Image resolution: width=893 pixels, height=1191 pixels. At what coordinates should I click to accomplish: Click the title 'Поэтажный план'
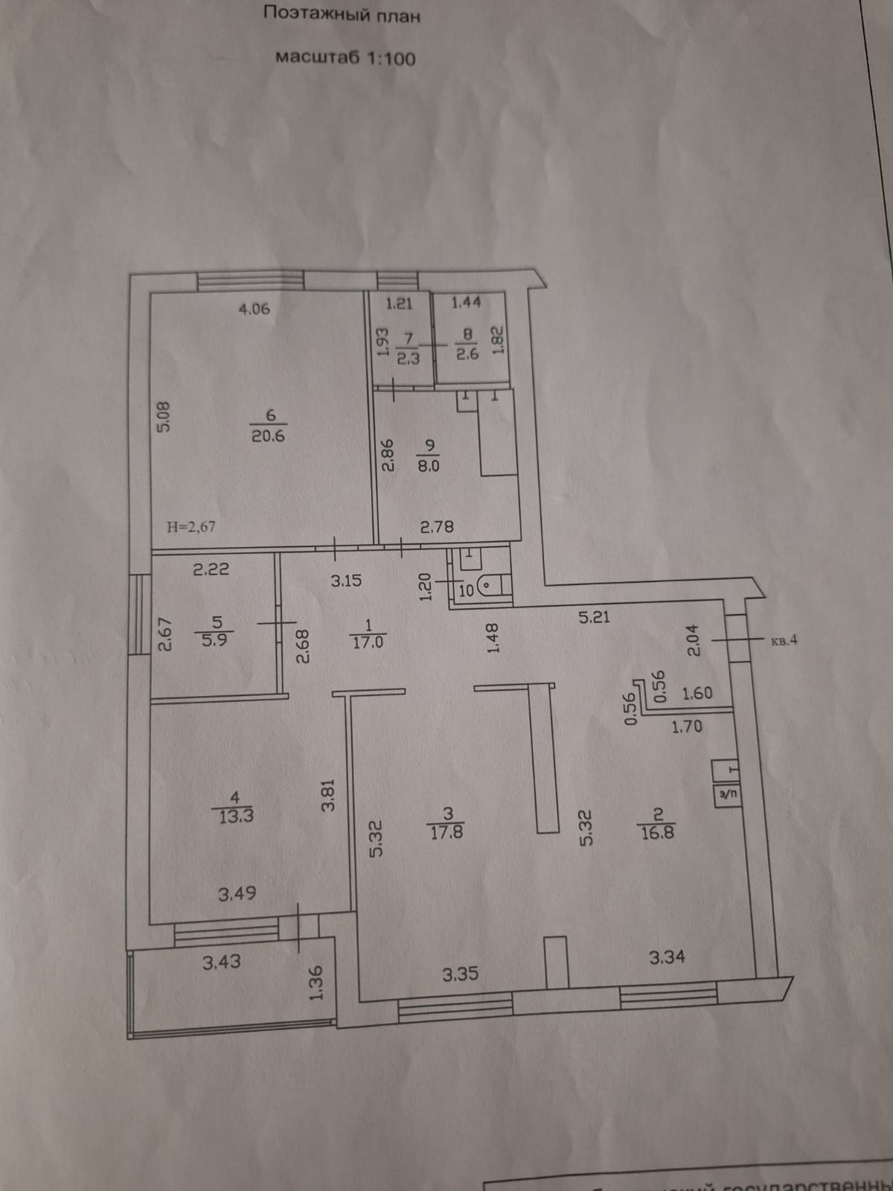pyautogui.click(x=342, y=14)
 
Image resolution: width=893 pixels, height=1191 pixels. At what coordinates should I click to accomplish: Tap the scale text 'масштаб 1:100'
pyautogui.click(x=345, y=57)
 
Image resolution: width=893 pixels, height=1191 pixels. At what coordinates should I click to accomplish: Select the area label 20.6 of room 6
pyautogui.click(x=267, y=436)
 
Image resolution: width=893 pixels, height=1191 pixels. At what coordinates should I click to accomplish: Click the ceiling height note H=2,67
pyautogui.click(x=191, y=526)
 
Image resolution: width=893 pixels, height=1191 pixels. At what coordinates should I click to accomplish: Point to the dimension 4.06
pyautogui.click(x=254, y=308)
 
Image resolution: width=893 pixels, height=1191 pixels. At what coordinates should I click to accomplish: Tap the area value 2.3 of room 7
pyautogui.click(x=409, y=357)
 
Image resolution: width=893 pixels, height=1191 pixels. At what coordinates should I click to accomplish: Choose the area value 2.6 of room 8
pyautogui.click(x=468, y=354)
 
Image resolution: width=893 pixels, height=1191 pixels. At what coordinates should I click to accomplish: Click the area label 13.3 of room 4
pyautogui.click(x=236, y=816)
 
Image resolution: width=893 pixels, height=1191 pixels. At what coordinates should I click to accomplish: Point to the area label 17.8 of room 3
pyautogui.click(x=446, y=831)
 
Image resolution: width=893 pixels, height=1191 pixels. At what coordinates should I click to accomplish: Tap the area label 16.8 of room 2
pyautogui.click(x=656, y=831)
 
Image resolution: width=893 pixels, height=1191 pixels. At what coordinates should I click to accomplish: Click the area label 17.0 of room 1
pyautogui.click(x=368, y=642)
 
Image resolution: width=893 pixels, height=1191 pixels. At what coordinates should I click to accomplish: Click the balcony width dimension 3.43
pyautogui.click(x=221, y=962)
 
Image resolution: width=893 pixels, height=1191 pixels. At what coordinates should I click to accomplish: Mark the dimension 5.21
pyautogui.click(x=595, y=616)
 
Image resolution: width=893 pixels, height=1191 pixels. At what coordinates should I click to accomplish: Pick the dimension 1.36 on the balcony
pyautogui.click(x=316, y=983)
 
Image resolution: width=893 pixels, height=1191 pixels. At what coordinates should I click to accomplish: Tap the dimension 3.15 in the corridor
pyautogui.click(x=346, y=580)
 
